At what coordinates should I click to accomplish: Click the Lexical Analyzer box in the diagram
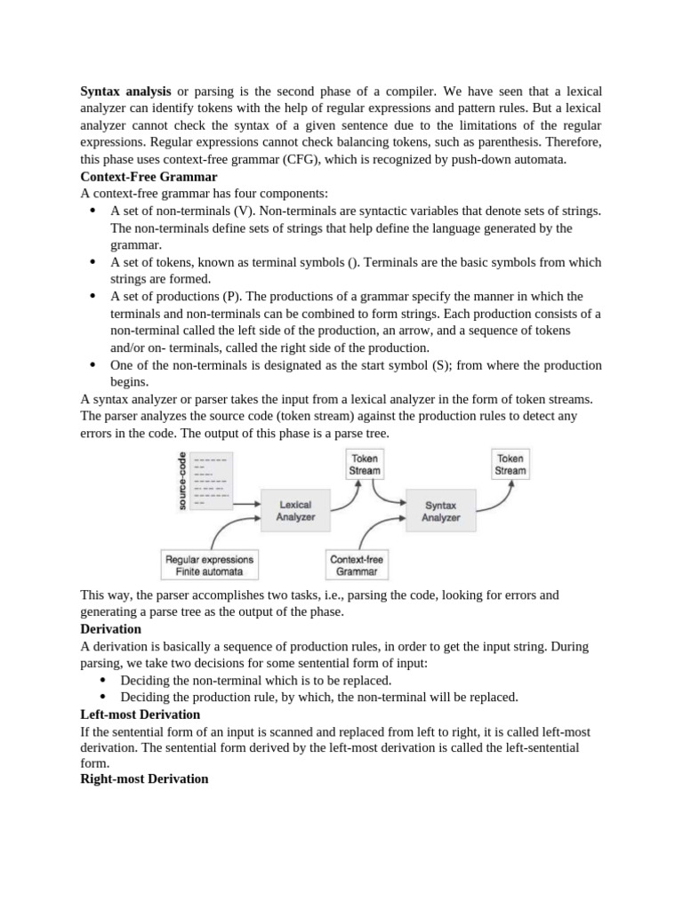pos(296,510)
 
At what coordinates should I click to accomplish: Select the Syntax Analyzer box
pos(441,510)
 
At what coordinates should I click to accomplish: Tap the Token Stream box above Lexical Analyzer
pos(365,465)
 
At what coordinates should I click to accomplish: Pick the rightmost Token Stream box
pos(510,465)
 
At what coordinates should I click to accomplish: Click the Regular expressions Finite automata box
pos(209,565)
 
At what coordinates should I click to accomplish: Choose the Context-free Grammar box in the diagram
pos(358,565)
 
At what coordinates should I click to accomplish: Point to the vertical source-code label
pos(181,479)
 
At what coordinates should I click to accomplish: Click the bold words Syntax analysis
pos(126,92)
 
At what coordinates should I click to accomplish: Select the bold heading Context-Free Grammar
pos(149,177)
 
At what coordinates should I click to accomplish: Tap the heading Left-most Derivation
pos(140,714)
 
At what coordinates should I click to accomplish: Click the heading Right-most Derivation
pos(144,778)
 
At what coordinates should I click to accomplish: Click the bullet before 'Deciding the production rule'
pos(104,698)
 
